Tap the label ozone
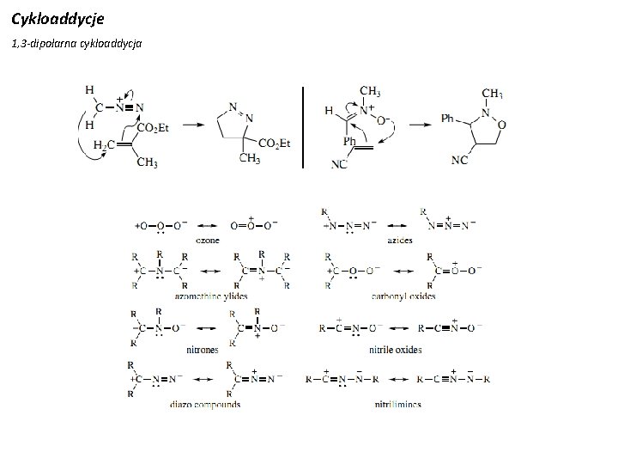(207, 241)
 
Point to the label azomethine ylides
(211, 296)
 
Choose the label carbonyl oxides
(404, 296)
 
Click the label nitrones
(203, 350)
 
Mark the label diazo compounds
(205, 404)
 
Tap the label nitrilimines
(397, 404)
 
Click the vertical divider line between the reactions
(302, 126)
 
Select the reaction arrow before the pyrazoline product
(195, 125)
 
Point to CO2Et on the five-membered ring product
(275, 143)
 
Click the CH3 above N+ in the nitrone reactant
(370, 91)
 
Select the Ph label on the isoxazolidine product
(448, 118)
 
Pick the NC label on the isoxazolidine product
(460, 160)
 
